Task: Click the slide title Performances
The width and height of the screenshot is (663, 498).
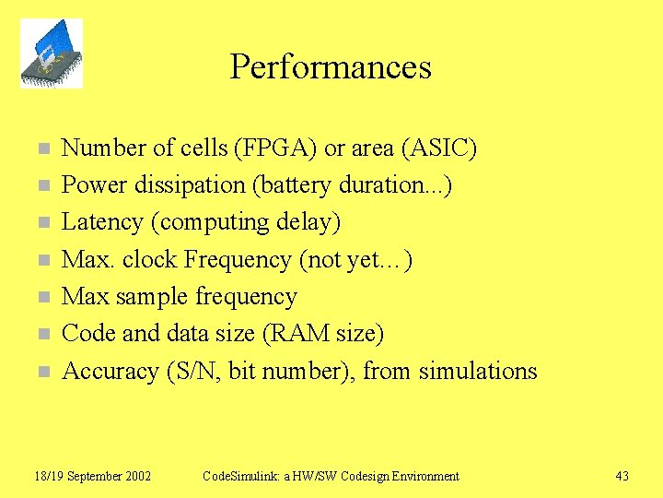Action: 331,67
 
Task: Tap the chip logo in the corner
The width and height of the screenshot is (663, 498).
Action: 52,53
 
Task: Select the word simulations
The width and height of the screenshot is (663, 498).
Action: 477,371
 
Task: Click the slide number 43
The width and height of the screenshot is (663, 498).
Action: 622,476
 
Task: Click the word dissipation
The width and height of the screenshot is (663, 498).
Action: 190,185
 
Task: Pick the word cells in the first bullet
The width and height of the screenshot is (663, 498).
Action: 208,148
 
